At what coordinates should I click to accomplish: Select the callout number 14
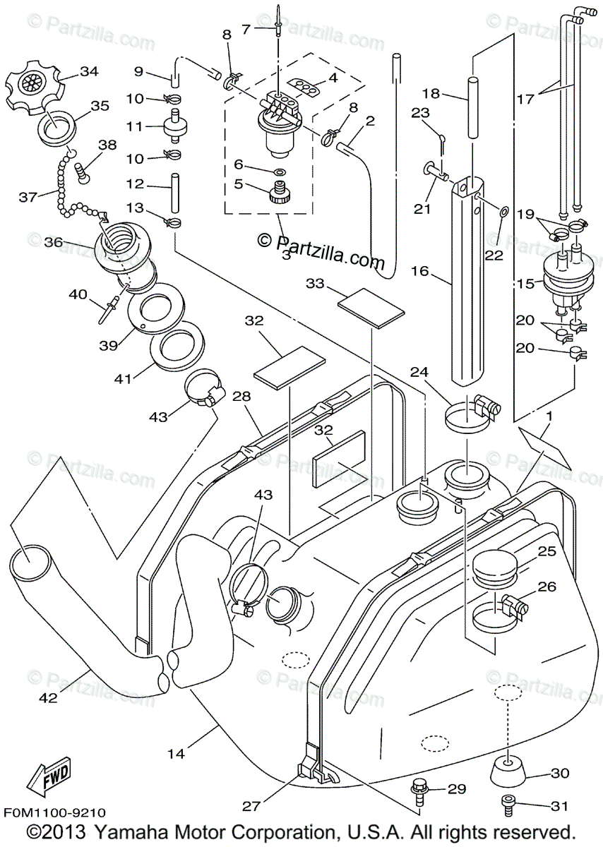pos(177,754)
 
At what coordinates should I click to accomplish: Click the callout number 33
pos(316,283)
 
